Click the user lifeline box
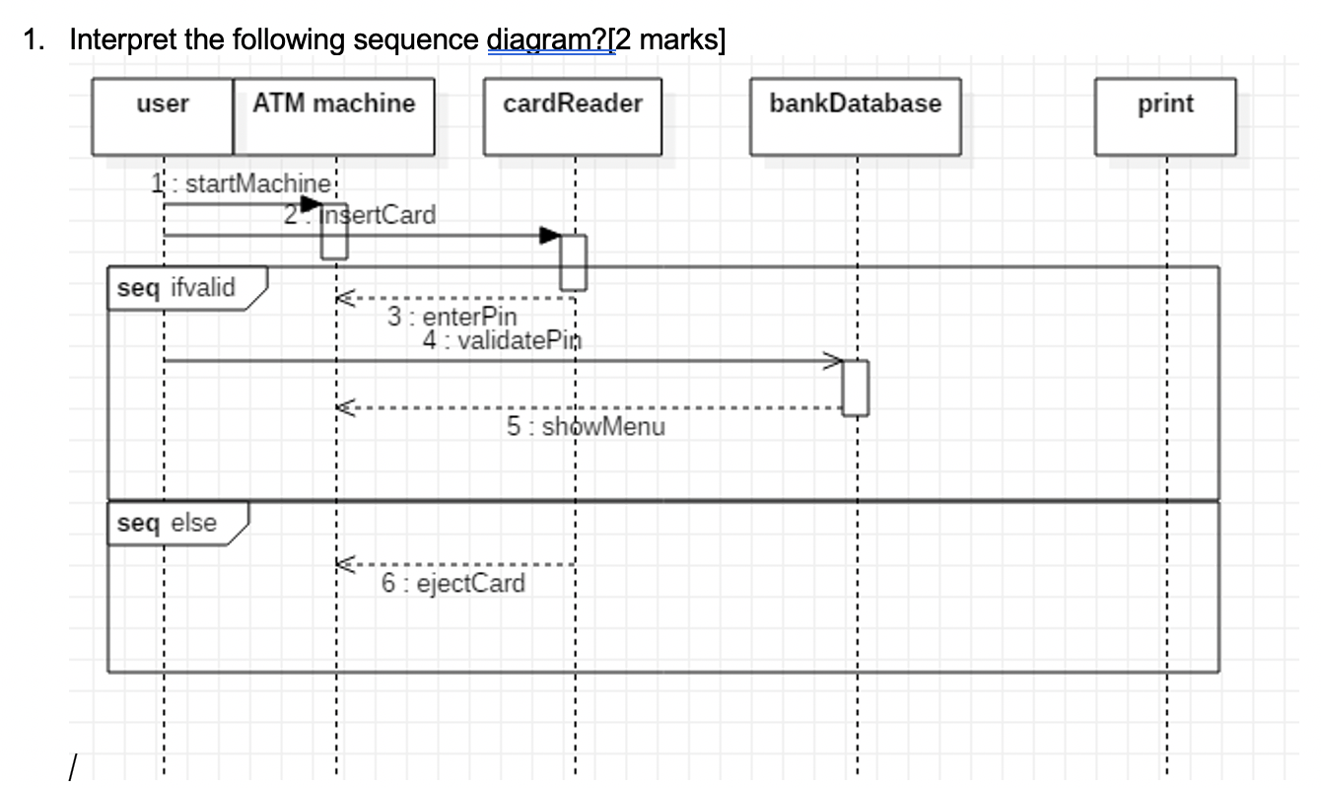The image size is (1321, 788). click(163, 116)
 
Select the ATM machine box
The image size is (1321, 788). click(334, 116)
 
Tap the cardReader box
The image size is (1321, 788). click(573, 116)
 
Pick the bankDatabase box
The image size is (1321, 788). click(855, 116)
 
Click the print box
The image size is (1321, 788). click(1164, 116)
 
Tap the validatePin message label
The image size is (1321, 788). click(502, 340)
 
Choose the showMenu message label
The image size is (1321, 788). click(586, 427)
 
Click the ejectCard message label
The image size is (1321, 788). click(453, 583)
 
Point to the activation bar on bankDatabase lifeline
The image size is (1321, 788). click(856, 388)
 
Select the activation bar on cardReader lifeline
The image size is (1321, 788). click(574, 261)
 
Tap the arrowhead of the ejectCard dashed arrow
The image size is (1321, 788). click(343, 565)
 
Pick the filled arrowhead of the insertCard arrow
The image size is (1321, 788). click(549, 236)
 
